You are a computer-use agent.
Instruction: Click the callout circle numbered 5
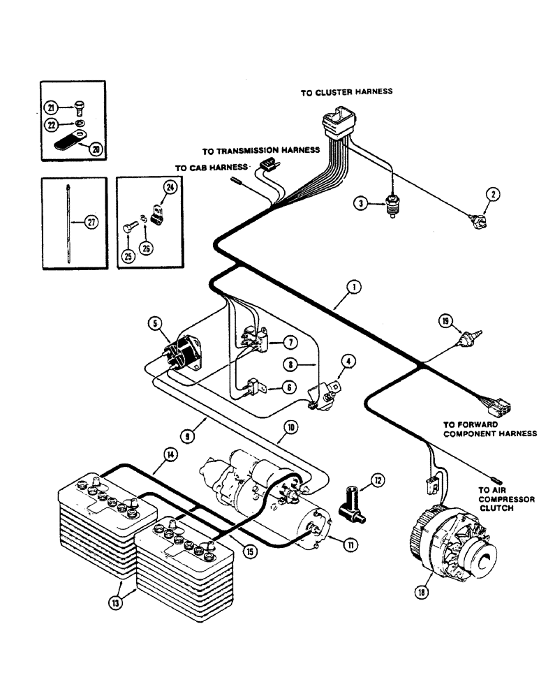coord(155,323)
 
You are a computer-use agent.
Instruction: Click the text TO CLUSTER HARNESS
coord(346,91)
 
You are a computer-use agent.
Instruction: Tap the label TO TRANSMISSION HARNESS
coord(260,150)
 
